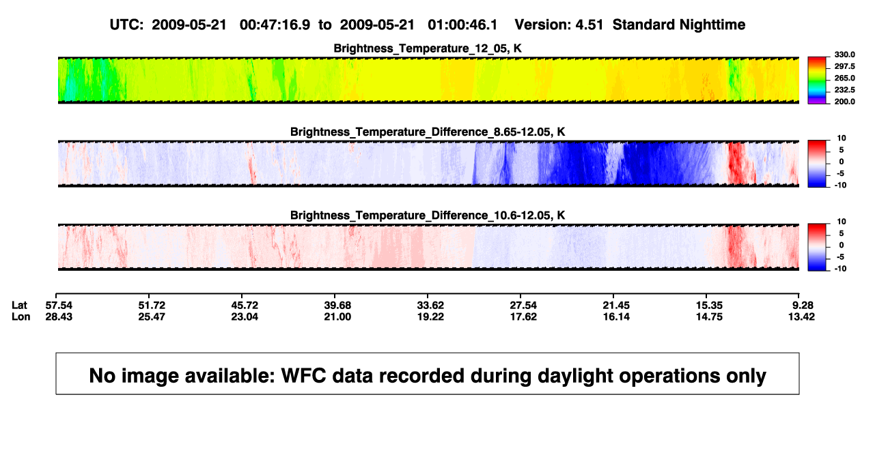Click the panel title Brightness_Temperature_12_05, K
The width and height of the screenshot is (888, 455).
428,48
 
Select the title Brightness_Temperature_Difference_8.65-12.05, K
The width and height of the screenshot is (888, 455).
428,132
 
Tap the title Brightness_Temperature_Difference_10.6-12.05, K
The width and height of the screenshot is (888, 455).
428,216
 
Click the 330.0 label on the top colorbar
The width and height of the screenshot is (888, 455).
844,55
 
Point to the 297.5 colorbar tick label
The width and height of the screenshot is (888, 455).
844,66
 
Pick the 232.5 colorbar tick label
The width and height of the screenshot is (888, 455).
844,90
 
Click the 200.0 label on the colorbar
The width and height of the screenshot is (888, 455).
844,102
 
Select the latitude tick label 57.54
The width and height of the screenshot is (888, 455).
59,306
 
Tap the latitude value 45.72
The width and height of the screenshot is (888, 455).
245,306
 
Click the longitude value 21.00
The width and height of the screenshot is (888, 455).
337,317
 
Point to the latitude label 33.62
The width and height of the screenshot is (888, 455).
430,306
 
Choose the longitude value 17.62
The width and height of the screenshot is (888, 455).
523,317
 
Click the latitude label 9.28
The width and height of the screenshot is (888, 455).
803,306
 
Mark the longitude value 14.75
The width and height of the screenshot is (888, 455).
709,317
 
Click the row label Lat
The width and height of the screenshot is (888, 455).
19,306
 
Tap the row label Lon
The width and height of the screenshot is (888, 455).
21,317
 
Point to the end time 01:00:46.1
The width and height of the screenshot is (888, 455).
462,25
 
